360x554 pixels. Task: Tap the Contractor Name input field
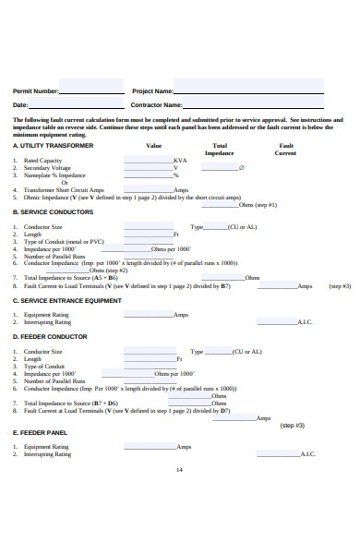point(249,105)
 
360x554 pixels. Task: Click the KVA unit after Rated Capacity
point(180,161)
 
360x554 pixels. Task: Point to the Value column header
point(153,146)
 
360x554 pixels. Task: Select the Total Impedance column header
point(220,150)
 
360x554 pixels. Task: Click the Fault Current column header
point(285,150)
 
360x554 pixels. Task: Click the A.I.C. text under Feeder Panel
point(306,454)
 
